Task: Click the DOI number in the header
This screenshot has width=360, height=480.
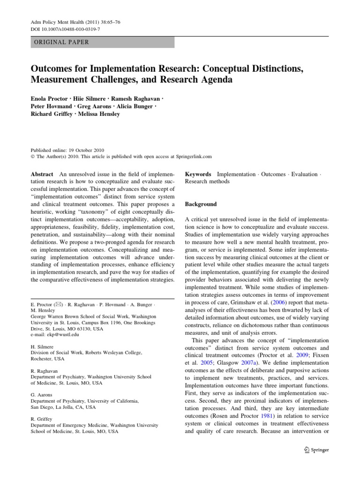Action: pyautogui.click(x=67, y=30)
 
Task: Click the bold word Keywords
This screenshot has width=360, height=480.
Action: pyautogui.click(x=198, y=174)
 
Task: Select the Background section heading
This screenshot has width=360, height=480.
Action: pyautogui.click(x=201, y=204)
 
